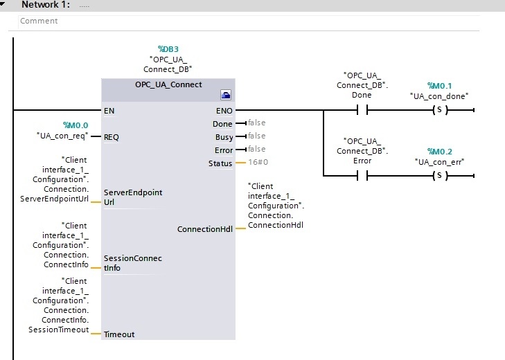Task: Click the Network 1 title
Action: pyautogui.click(x=46, y=5)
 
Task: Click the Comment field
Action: pyautogui.click(x=249, y=21)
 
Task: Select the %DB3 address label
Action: pyautogui.click(x=168, y=49)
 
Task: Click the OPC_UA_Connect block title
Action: pyautogui.click(x=168, y=84)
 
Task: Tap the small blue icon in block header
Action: pyautogui.click(x=226, y=95)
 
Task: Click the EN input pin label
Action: pyautogui.click(x=109, y=111)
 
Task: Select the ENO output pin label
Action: pyautogui.click(x=224, y=111)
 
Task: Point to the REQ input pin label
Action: pyautogui.click(x=112, y=137)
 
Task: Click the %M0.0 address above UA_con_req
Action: pyautogui.click(x=76, y=125)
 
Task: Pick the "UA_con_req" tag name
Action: pyautogui.click(x=62, y=136)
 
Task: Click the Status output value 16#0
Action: pyautogui.click(x=258, y=162)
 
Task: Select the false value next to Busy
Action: pyautogui.click(x=257, y=136)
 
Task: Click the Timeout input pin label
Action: pyautogui.click(x=119, y=334)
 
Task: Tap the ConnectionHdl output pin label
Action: pyautogui.click(x=205, y=229)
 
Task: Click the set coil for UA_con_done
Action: pyautogui.click(x=440, y=110)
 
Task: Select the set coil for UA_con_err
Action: pyautogui.click(x=440, y=176)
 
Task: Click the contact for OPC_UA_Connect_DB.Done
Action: pyautogui.click(x=362, y=110)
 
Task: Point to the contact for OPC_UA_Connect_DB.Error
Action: pyautogui.click(x=362, y=176)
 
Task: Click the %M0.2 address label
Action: pyautogui.click(x=440, y=152)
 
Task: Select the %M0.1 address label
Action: pyautogui.click(x=440, y=86)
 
